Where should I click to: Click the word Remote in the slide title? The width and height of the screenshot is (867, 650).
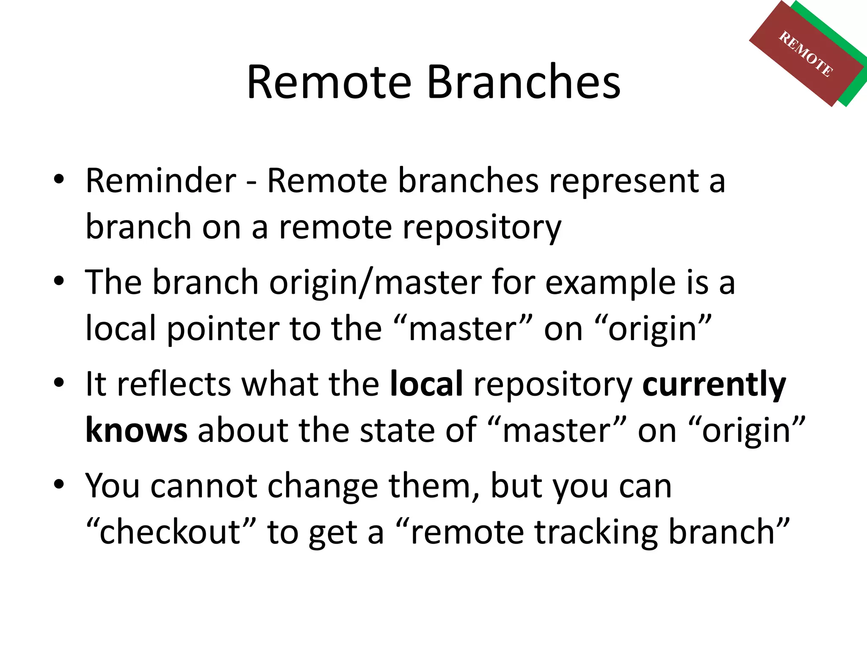pyautogui.click(x=329, y=82)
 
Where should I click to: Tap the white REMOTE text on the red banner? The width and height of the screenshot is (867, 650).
pyautogui.click(x=806, y=54)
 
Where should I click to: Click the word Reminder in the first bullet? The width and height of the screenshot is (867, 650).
pyautogui.click(x=161, y=181)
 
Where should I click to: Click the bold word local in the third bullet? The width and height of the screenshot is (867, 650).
pyautogui.click(x=426, y=384)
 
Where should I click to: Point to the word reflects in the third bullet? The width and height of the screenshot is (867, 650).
pyautogui.click(x=174, y=384)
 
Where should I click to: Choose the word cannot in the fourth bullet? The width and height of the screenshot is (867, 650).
pyautogui.click(x=204, y=486)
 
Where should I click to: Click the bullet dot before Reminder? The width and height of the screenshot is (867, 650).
pyautogui.click(x=59, y=179)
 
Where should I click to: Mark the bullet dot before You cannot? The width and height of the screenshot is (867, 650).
pyautogui.click(x=59, y=484)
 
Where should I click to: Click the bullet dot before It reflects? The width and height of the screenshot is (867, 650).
pyautogui.click(x=59, y=383)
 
